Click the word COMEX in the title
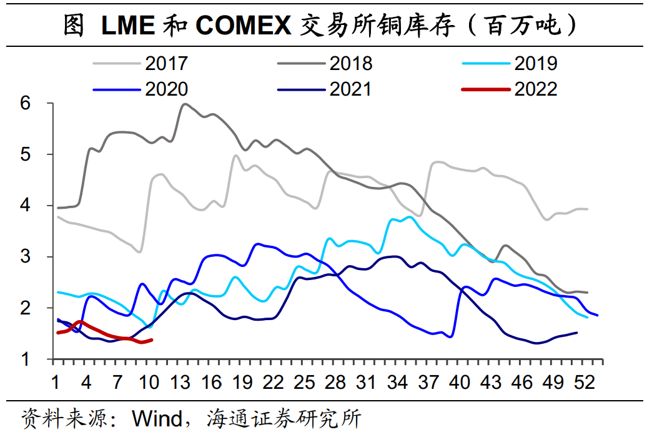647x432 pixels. [x=243, y=26]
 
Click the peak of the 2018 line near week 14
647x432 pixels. [x=185, y=104]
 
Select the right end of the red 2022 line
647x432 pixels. [x=152, y=339]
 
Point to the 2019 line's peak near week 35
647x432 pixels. [x=409, y=217]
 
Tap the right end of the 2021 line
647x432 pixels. [x=576, y=333]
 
